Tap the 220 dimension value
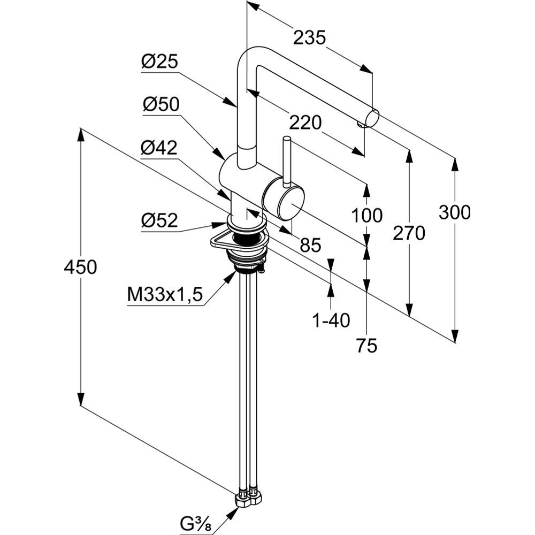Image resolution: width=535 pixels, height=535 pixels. coord(305,123)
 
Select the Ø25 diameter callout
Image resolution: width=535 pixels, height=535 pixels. coord(159,63)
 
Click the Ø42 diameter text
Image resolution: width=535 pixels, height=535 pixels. coord(159,148)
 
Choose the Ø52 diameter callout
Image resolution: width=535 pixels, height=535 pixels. coord(159,220)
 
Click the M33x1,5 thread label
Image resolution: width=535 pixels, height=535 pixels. coord(165,294)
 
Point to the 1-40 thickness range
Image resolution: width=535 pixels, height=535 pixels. coord(331,320)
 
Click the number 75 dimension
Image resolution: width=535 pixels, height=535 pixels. coord(366,346)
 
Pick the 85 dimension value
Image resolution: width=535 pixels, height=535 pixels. coord(310,245)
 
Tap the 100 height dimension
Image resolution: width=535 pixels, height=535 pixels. coord(366,215)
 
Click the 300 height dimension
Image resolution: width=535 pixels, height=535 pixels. coord(454,212)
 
